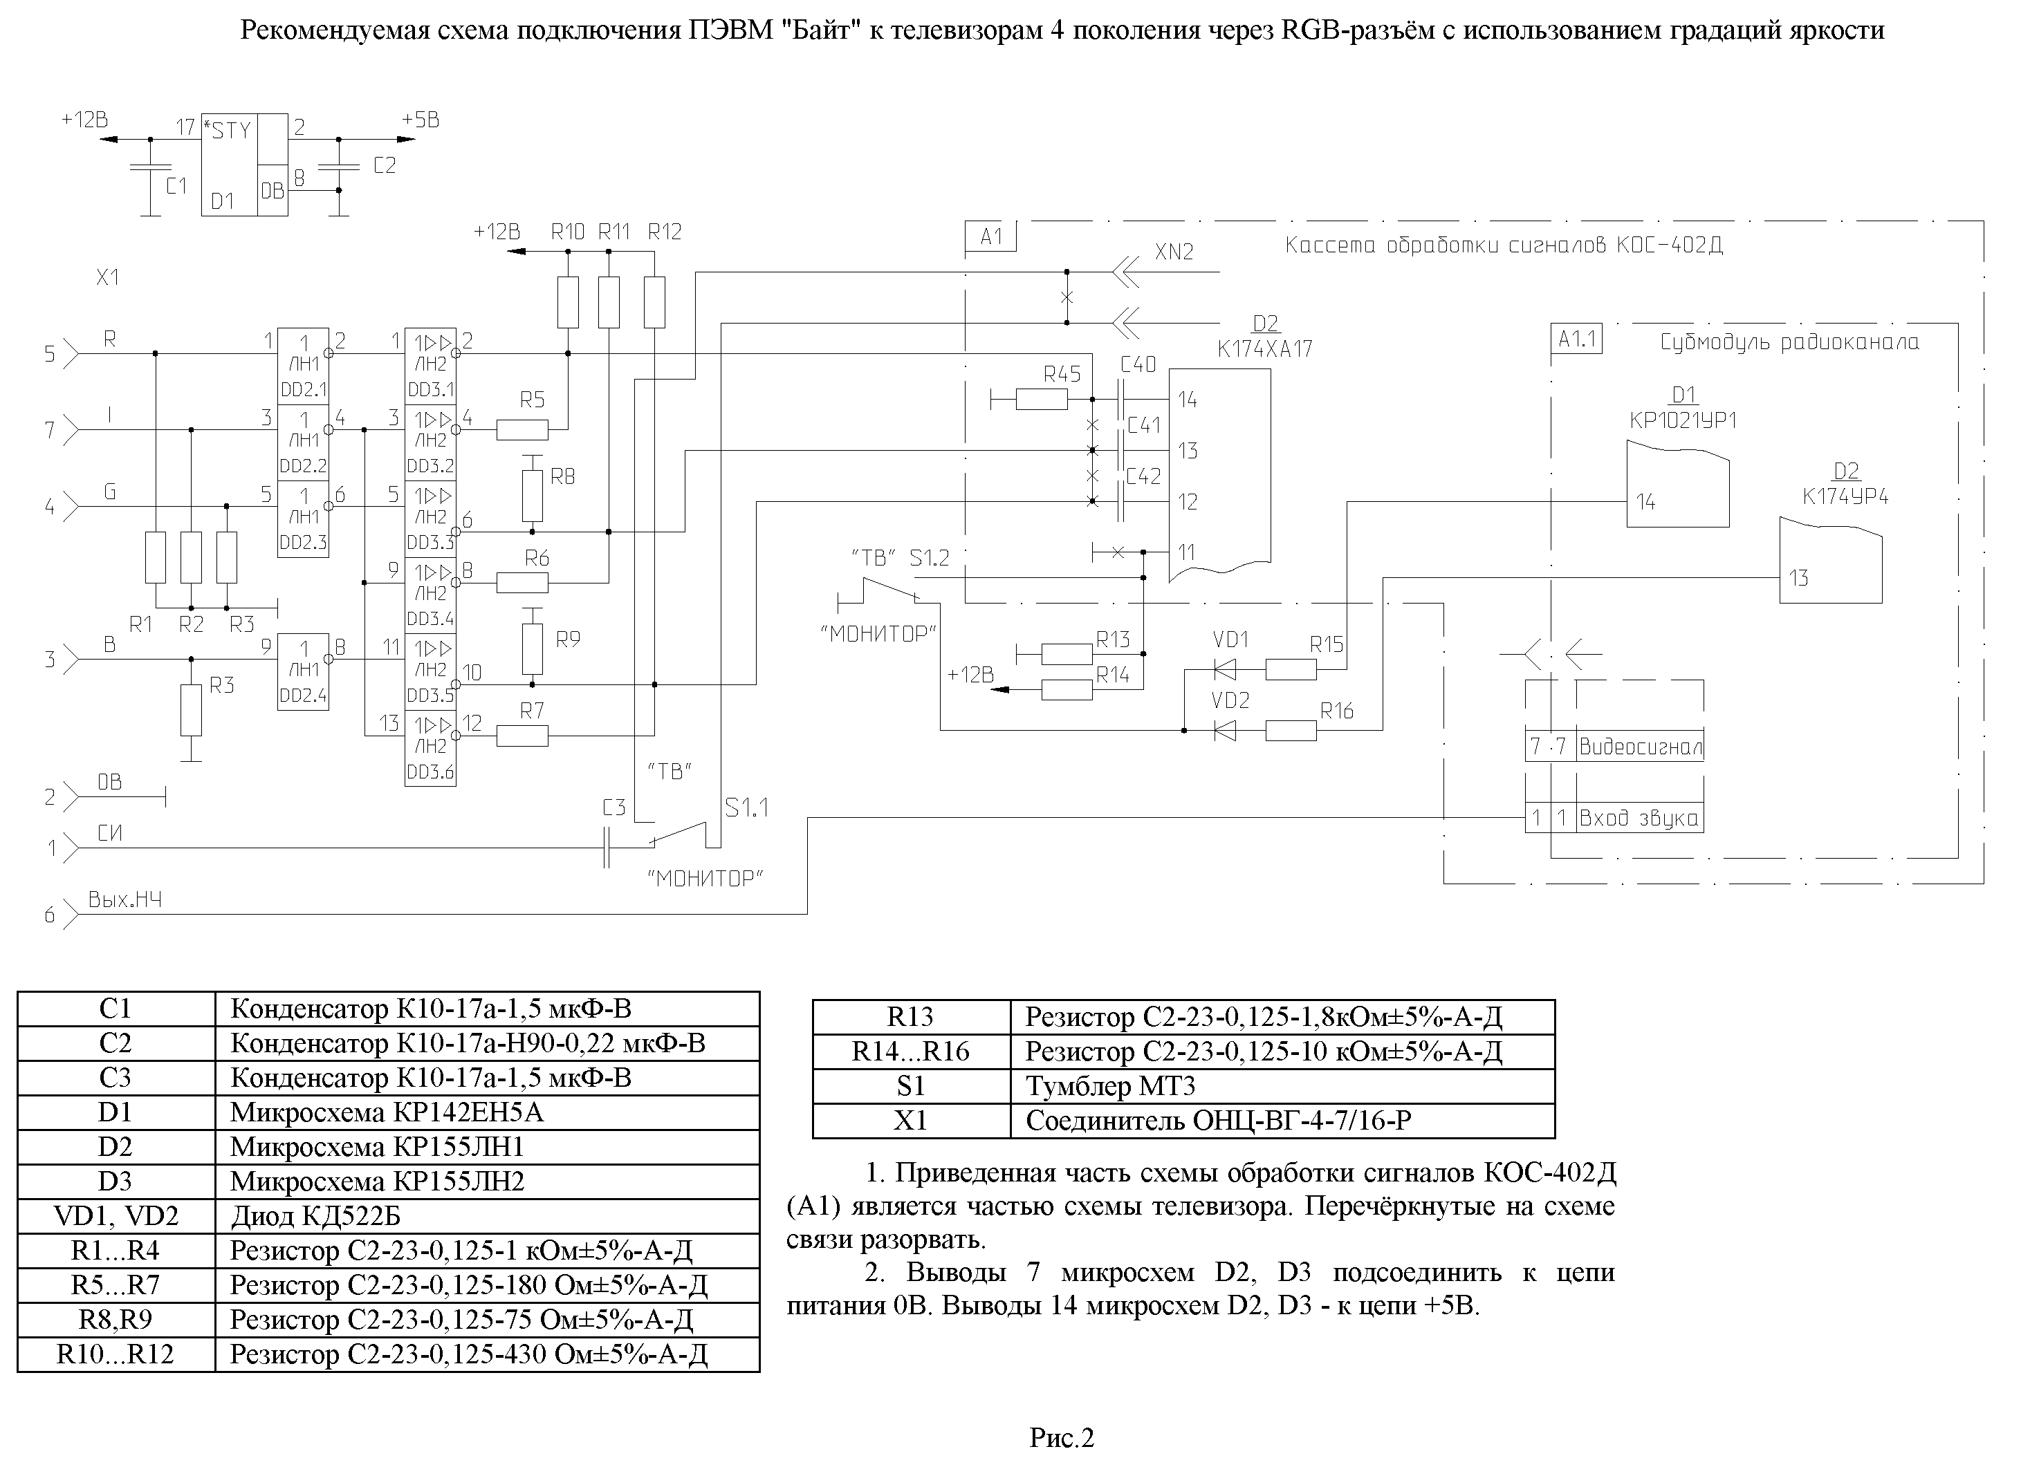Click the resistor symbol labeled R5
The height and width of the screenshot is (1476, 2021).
click(x=522, y=431)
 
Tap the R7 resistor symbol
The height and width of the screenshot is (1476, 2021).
click(x=522, y=736)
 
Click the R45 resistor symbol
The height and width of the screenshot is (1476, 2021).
click(x=1042, y=400)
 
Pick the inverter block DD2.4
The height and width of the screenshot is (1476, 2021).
click(x=303, y=672)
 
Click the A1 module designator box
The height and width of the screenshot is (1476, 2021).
click(x=991, y=236)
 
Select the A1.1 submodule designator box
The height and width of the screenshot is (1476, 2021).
click(x=1577, y=339)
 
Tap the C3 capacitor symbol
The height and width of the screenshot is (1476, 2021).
click(x=607, y=847)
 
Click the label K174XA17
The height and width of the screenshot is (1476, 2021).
click(x=1265, y=348)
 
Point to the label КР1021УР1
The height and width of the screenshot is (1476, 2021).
click(x=1683, y=420)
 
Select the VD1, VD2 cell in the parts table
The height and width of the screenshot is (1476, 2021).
click(x=116, y=1216)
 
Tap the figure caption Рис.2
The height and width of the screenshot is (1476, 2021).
click(x=1062, y=1437)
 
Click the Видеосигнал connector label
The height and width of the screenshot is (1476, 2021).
click(x=1640, y=747)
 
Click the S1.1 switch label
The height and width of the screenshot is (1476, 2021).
click(x=746, y=807)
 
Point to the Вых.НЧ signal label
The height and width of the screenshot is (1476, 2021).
click(x=125, y=899)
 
